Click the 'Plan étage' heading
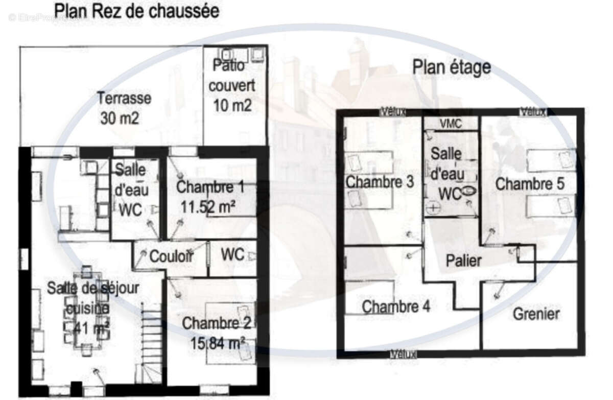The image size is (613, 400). point(452,67)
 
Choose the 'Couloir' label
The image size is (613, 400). point(171,256)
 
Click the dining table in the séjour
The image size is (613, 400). point(86,312)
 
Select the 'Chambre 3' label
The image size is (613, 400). point(379,182)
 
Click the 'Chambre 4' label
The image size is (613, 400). point(396,307)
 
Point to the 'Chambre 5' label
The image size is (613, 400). point(530,184)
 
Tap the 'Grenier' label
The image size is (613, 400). point(536,313)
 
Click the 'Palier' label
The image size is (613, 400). point(463,261)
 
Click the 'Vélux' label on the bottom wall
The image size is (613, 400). point(404,354)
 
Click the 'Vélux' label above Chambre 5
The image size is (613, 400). point(532,111)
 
